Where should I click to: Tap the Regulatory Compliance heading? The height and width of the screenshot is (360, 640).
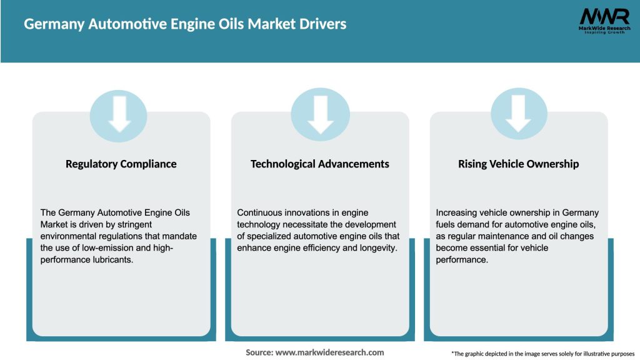coord(121,164)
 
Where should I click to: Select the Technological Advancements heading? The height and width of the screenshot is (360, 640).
coord(320,164)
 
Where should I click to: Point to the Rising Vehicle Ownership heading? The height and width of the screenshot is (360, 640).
coord(519,164)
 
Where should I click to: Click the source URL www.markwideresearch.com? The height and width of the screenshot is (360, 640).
coord(329,352)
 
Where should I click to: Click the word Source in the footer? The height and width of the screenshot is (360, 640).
coord(258,352)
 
